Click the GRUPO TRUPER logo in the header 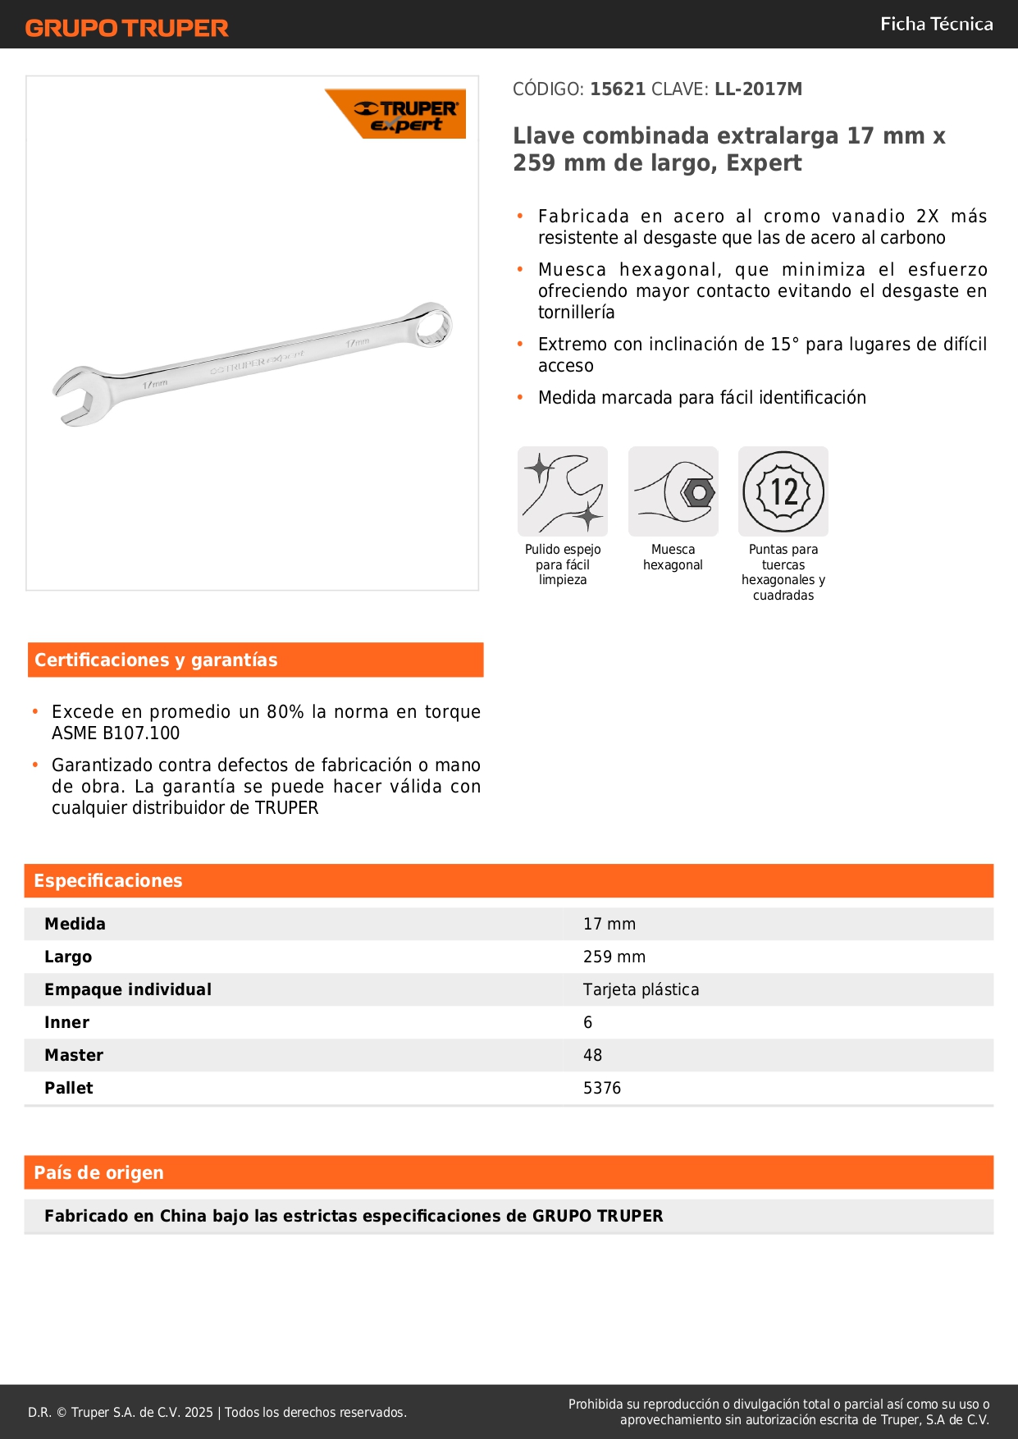pyautogui.click(x=126, y=28)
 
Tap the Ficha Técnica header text pyautogui.click(x=936, y=24)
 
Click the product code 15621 pyautogui.click(x=618, y=89)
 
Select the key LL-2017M pyautogui.click(x=758, y=89)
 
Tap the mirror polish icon pyautogui.click(x=563, y=491)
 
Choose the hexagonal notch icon pyautogui.click(x=673, y=491)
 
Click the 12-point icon pyautogui.click(x=783, y=491)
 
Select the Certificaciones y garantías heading pyautogui.click(x=156, y=660)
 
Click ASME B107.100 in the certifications pyautogui.click(x=116, y=733)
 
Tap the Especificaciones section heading pyautogui.click(x=108, y=880)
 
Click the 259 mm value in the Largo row pyautogui.click(x=614, y=957)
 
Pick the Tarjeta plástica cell pyautogui.click(x=641, y=989)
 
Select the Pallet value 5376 pyautogui.click(x=602, y=1088)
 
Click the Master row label pyautogui.click(x=74, y=1055)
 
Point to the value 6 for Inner pyautogui.click(x=587, y=1022)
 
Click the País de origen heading pyautogui.click(x=98, y=1172)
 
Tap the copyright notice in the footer pyautogui.click(x=217, y=1412)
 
